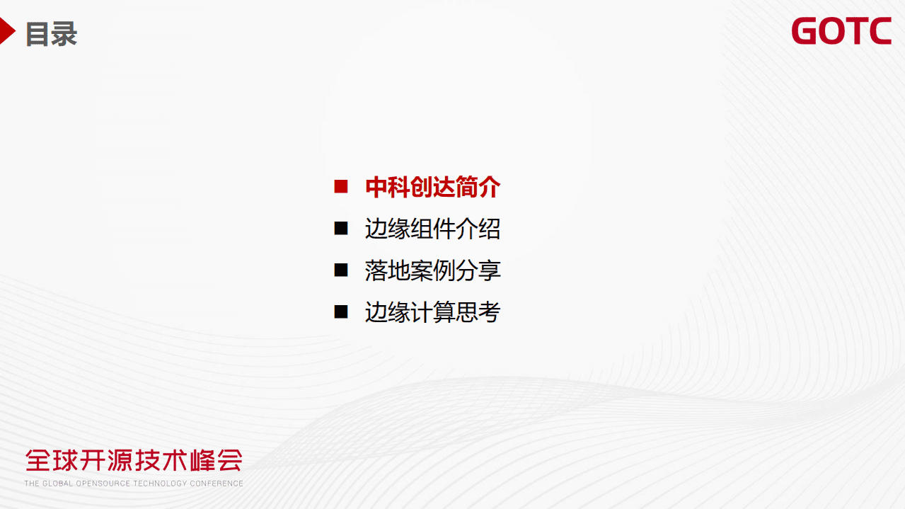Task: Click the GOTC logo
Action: [x=841, y=31]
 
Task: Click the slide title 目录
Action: [x=51, y=34]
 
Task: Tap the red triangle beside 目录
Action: [x=7, y=32]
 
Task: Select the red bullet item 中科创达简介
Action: [x=432, y=187]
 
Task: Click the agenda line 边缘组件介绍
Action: [x=432, y=229]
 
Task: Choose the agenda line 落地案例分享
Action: [x=432, y=270]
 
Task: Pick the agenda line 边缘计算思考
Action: [x=432, y=312]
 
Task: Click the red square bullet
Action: [x=341, y=187]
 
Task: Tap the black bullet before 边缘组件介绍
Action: [x=341, y=228]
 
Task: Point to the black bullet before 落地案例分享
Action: [x=341, y=270]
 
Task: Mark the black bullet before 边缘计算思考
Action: [x=341, y=311]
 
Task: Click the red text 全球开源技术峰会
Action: [x=134, y=460]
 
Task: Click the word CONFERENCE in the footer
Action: [x=216, y=484]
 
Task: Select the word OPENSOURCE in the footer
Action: [x=104, y=484]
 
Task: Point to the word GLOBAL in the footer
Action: [x=58, y=484]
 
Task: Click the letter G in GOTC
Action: [x=805, y=31]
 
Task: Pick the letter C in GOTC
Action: [x=880, y=31]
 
